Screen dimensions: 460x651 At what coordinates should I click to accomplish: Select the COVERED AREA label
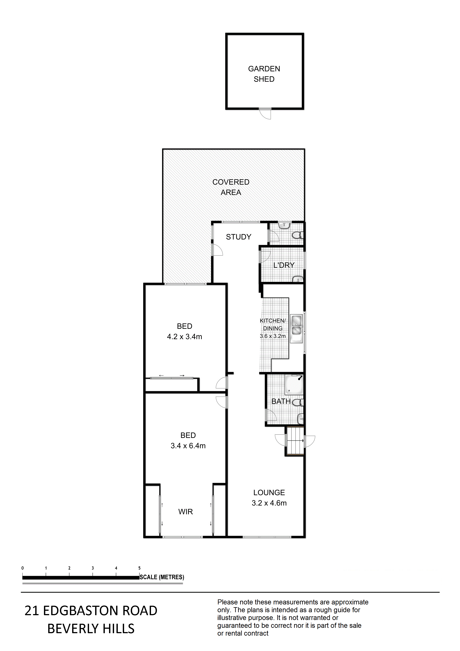(231, 187)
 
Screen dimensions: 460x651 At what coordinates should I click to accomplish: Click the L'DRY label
(284, 265)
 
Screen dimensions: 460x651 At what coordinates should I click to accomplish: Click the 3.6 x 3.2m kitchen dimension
(273, 336)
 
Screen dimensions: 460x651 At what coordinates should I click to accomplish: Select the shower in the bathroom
(294, 384)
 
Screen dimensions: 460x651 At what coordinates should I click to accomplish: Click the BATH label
(281, 401)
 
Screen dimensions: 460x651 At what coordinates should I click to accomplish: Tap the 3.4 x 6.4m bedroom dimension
(188, 446)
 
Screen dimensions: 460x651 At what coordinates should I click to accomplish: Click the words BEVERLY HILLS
(91, 629)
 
